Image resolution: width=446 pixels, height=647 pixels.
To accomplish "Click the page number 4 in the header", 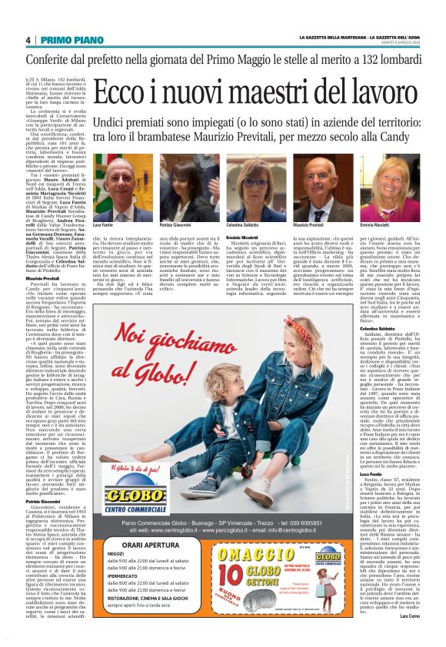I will coord(28,40).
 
